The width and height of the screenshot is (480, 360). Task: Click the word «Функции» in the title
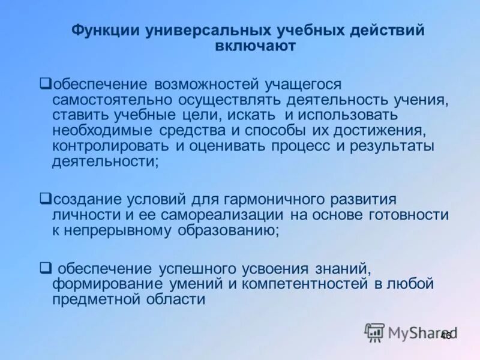click(x=106, y=31)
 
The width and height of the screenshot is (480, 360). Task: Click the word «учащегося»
click(x=294, y=84)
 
